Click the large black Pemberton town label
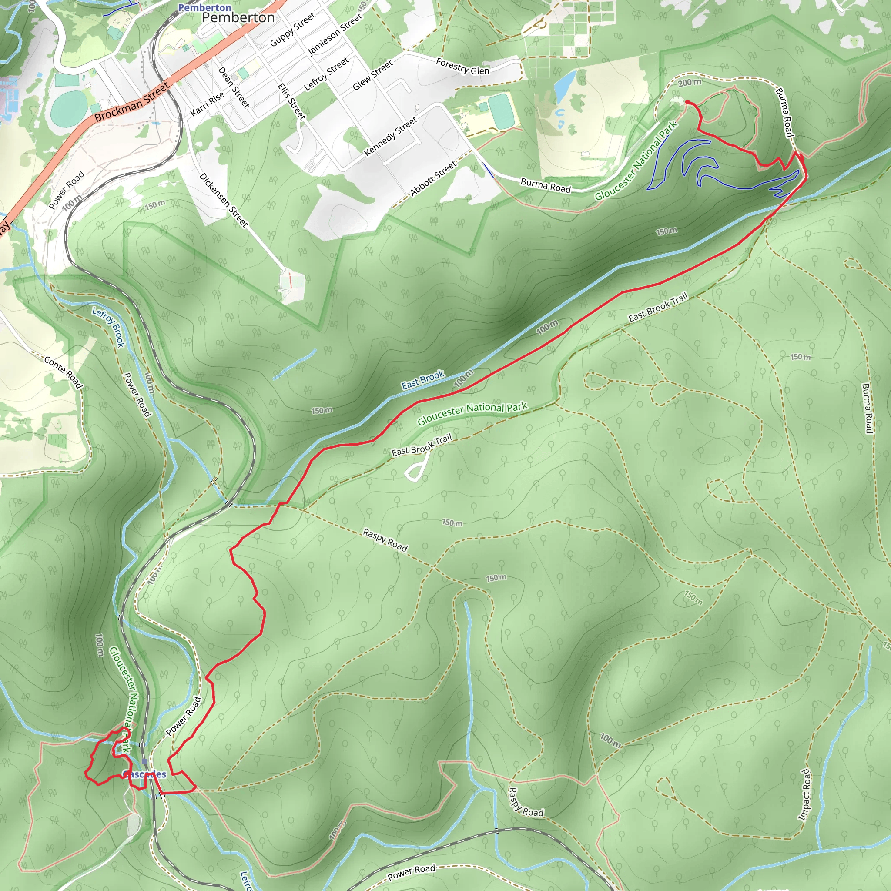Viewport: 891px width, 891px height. pyautogui.click(x=238, y=17)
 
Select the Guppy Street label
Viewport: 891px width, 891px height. pyautogui.click(x=292, y=30)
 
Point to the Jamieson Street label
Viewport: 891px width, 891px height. pyautogui.click(x=335, y=34)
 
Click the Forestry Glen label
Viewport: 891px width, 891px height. pyautogui.click(x=462, y=67)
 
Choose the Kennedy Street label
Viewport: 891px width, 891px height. pyautogui.click(x=391, y=136)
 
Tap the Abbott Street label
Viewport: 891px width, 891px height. pyautogui.click(x=433, y=178)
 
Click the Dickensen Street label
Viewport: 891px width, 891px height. pyautogui.click(x=224, y=200)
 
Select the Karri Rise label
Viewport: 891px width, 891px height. pyautogui.click(x=208, y=103)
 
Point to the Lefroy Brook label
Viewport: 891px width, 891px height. pyautogui.click(x=108, y=327)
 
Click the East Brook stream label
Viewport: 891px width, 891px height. pyautogui.click(x=422, y=380)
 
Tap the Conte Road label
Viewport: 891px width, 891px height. pyautogui.click(x=63, y=372)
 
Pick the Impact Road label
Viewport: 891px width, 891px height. pyautogui.click(x=805, y=794)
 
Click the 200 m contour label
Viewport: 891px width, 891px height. pyautogui.click(x=690, y=83)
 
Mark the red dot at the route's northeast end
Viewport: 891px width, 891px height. pyautogui.click(x=687, y=102)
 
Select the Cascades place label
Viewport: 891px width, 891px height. pyautogui.click(x=144, y=774)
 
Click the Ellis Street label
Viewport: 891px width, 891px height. pyautogui.click(x=291, y=101)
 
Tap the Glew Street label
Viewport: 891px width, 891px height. pyautogui.click(x=373, y=75)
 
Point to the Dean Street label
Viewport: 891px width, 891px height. pyautogui.click(x=233, y=87)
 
